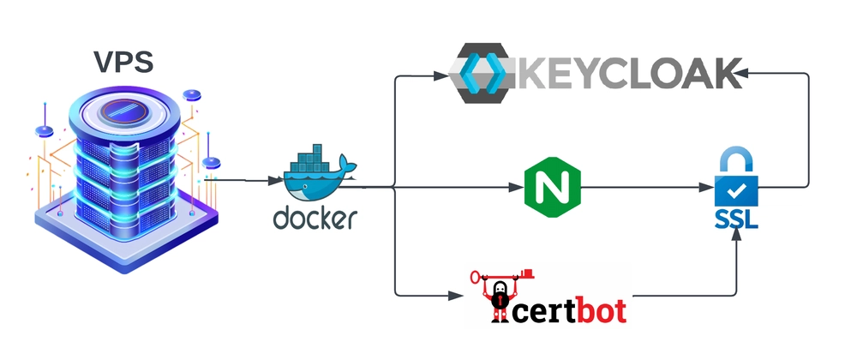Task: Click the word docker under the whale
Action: pyautogui.click(x=315, y=218)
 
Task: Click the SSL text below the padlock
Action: pyautogui.click(x=735, y=221)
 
